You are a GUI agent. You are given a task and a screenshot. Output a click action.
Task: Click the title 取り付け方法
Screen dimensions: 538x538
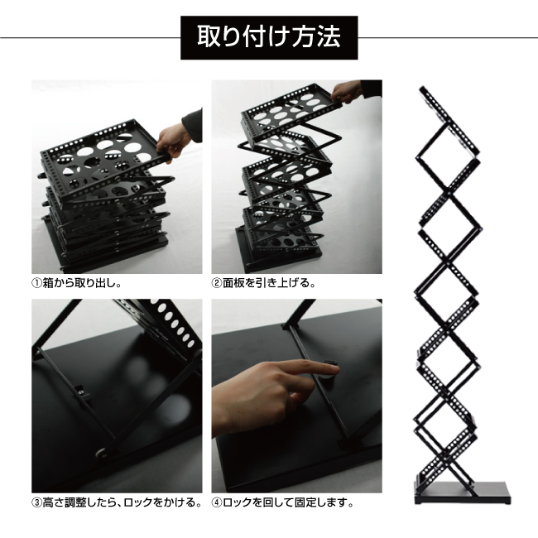point(269,36)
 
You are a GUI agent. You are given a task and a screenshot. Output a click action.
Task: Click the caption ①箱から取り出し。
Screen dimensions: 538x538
point(76,283)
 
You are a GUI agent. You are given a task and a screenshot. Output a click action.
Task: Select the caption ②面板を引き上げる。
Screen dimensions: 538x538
point(263,283)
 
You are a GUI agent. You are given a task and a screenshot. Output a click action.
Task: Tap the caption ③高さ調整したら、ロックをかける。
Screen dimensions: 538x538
point(117,502)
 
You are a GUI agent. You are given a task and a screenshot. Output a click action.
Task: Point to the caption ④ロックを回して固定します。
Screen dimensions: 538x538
point(282,502)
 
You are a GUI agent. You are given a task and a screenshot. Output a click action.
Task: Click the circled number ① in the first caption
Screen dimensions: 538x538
point(36,284)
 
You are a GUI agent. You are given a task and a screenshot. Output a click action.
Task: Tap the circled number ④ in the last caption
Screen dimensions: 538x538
point(217,503)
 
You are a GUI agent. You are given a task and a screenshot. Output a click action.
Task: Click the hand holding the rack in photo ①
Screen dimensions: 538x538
point(173,142)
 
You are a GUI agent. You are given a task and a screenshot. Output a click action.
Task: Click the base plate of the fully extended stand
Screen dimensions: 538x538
point(462,492)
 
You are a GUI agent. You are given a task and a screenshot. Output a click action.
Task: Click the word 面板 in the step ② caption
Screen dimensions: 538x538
point(233,283)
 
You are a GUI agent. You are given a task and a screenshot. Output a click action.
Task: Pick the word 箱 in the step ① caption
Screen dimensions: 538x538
point(48,284)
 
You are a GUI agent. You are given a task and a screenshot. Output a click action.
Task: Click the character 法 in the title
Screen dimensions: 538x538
point(329,36)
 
